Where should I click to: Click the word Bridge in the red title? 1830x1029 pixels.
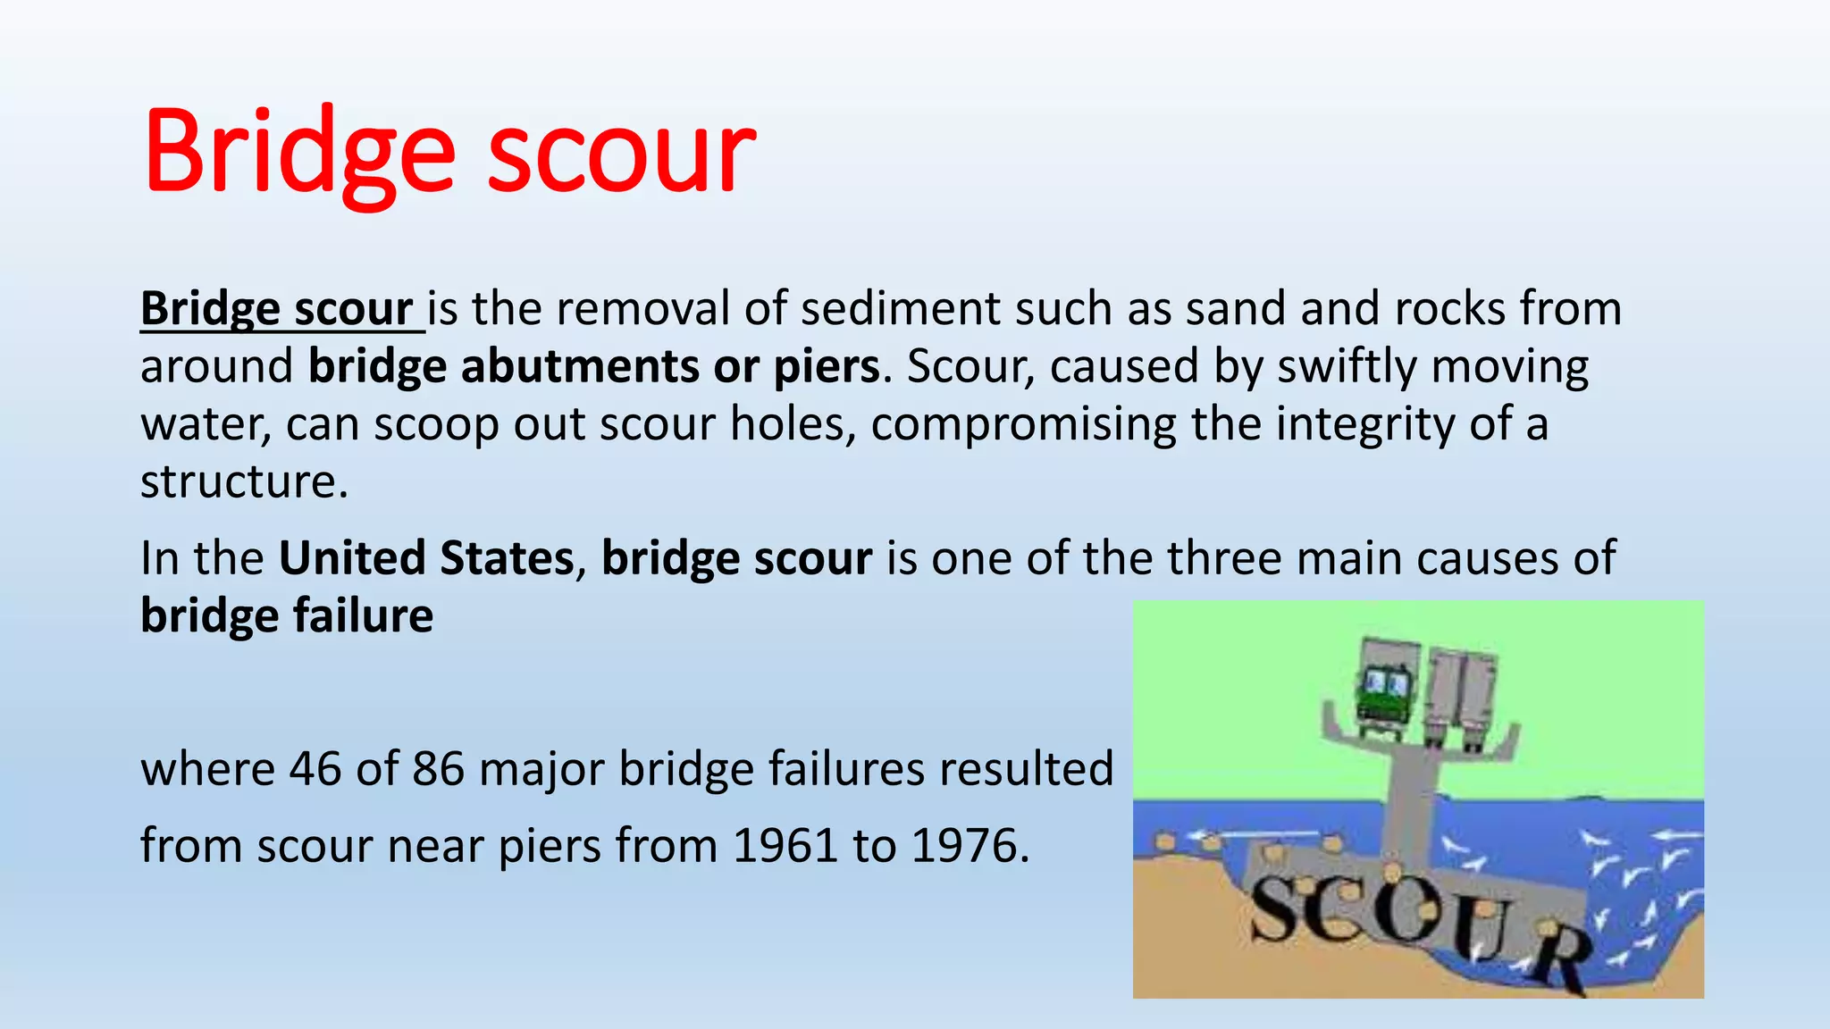coord(299,152)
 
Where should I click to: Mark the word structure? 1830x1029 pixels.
coord(239,482)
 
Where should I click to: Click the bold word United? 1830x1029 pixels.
coord(352,558)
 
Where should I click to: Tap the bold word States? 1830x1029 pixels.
coord(507,558)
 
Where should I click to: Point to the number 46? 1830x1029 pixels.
coord(315,769)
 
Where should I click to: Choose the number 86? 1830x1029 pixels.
coord(438,769)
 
